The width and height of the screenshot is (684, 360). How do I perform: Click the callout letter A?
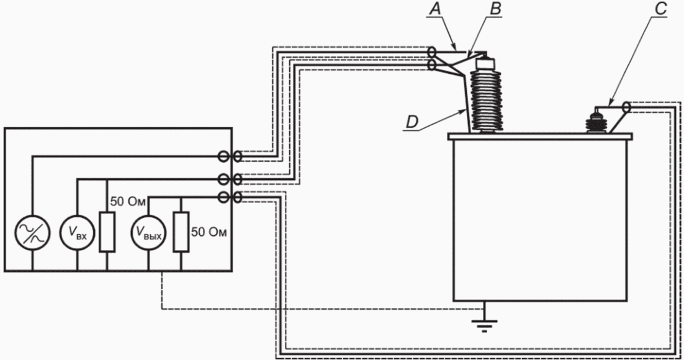[434, 9]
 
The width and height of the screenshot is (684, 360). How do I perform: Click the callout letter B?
[495, 9]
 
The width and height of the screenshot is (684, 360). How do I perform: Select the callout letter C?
[661, 9]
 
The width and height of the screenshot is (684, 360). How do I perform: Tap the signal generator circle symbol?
[32, 233]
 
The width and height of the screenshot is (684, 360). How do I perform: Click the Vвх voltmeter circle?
[77, 233]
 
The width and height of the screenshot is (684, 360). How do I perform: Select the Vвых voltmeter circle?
[149, 233]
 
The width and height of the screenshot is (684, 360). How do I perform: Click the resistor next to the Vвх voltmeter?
[107, 232]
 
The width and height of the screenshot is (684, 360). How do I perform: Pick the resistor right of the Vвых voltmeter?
[181, 232]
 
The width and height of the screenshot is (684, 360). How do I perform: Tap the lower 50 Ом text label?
[209, 232]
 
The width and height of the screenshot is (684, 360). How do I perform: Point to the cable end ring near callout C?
[626, 107]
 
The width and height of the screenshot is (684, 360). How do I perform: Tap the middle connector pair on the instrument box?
[230, 179]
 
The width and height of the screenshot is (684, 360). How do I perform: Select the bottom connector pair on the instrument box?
[230, 197]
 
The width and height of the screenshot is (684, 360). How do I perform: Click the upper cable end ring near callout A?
[431, 53]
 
